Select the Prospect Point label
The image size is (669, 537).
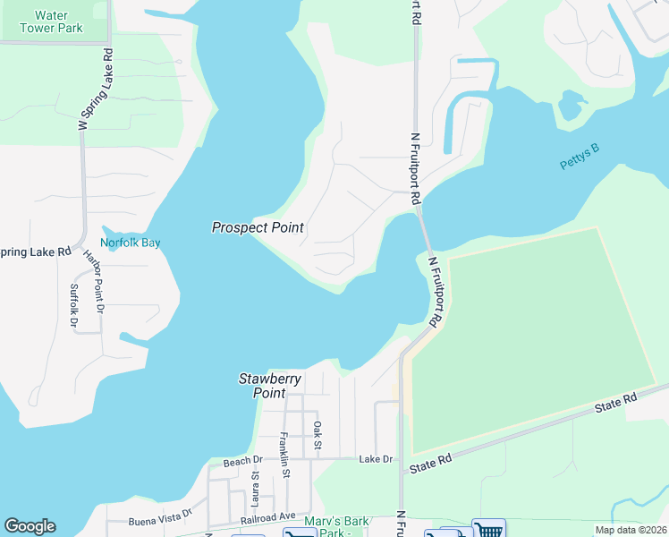(x=258, y=228)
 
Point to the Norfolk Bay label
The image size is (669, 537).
(x=130, y=243)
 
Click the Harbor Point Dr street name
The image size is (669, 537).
(x=94, y=280)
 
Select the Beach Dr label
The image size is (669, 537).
(x=242, y=461)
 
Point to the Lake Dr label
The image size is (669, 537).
(x=376, y=459)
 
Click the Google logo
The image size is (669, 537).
(x=30, y=526)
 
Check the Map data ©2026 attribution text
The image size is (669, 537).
(x=630, y=530)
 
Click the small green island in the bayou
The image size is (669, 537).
(x=571, y=105)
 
